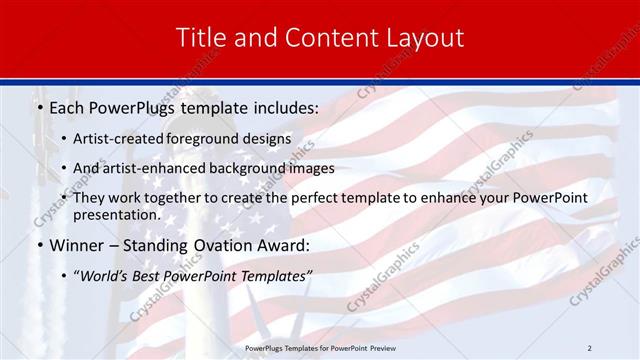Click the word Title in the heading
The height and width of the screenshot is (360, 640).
200,38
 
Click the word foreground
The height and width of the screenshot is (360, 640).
204,138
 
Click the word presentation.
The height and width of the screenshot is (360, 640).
116,214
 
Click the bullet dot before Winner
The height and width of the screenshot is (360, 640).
39,246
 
